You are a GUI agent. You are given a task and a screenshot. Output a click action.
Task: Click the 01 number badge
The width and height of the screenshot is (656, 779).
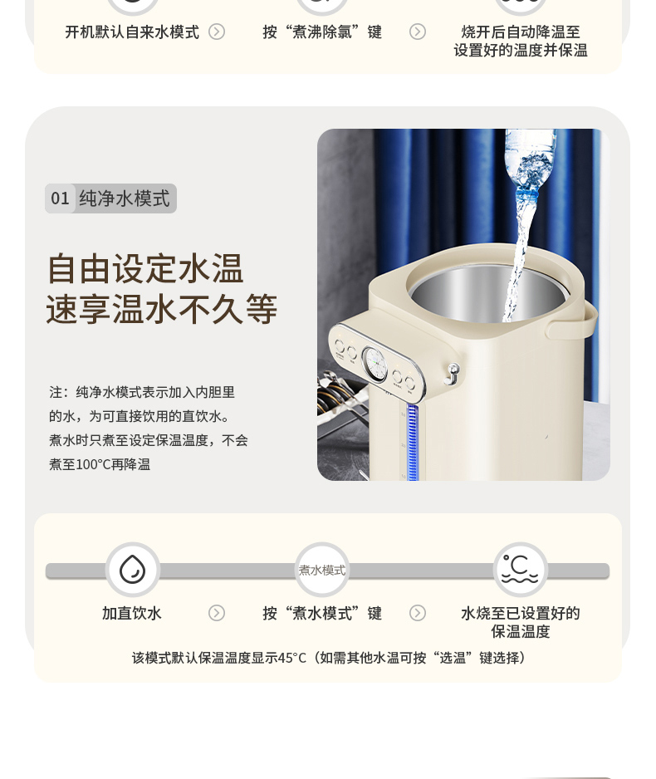click(60, 198)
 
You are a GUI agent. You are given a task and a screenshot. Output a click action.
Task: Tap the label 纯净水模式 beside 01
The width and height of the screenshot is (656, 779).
click(125, 198)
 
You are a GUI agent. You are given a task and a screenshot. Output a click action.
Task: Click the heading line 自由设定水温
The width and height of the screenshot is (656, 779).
click(145, 269)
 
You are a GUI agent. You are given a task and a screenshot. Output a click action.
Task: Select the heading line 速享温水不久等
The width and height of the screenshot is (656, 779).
click(161, 309)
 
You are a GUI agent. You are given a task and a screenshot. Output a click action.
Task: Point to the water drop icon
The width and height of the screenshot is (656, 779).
click(133, 570)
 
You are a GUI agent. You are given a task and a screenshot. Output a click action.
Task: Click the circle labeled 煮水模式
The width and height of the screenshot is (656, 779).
click(322, 570)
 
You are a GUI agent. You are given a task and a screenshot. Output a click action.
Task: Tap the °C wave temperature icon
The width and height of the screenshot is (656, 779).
click(520, 570)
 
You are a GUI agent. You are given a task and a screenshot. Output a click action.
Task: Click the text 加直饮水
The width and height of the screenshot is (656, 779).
click(132, 614)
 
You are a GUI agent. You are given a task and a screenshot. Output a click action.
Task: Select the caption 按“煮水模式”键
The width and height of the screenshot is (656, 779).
click(322, 614)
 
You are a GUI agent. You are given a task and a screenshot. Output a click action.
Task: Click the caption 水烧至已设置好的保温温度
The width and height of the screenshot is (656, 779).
click(521, 623)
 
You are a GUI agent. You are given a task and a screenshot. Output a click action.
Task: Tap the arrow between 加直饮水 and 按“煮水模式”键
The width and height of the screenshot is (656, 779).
click(217, 613)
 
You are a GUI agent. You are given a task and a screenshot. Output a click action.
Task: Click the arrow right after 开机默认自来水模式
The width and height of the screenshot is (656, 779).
click(217, 32)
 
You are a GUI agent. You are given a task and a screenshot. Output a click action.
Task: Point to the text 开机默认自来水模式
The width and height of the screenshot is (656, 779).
click(132, 32)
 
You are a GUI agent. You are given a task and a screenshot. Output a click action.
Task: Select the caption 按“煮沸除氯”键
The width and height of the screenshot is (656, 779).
click(322, 32)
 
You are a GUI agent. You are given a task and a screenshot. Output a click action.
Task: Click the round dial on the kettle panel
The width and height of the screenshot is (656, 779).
click(375, 364)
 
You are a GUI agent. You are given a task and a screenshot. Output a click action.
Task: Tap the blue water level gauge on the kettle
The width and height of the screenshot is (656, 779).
click(412, 442)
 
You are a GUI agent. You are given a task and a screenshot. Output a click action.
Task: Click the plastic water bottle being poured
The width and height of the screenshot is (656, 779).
click(529, 160)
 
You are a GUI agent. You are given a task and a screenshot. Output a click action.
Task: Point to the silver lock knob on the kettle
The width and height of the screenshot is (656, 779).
click(453, 374)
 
